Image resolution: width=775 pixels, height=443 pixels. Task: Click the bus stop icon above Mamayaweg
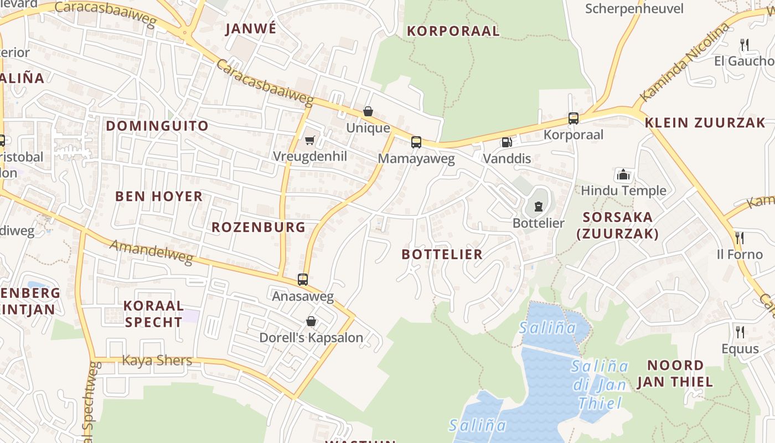(x=416, y=142)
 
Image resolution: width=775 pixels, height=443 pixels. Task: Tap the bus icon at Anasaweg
(x=302, y=280)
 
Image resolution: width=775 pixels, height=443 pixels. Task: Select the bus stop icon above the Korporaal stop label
(x=573, y=118)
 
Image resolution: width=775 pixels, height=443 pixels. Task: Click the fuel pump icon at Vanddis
(x=506, y=142)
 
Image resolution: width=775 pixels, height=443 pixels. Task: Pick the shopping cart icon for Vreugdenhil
(x=310, y=140)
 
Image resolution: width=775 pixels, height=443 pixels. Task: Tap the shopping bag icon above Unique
(x=368, y=112)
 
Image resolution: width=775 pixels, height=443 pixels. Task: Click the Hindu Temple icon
(x=623, y=174)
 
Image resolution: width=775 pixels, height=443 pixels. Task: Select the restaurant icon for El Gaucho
(x=745, y=44)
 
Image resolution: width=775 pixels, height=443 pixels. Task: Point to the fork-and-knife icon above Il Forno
(x=739, y=238)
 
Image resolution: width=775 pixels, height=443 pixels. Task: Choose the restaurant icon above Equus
(x=740, y=332)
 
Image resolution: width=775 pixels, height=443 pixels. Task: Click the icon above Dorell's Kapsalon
(x=311, y=321)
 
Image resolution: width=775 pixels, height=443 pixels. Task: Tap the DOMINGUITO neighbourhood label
(x=157, y=126)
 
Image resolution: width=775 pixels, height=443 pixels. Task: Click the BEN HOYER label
(x=159, y=196)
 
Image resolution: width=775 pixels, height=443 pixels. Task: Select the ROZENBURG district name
(x=259, y=227)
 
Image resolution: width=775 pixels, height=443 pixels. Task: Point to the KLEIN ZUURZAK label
(x=705, y=122)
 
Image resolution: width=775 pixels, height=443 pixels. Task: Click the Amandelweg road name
(x=151, y=253)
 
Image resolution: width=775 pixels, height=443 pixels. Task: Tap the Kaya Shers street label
(x=157, y=360)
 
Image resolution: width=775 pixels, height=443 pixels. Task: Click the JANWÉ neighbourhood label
(x=250, y=29)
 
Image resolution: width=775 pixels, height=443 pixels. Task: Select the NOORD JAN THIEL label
(x=675, y=373)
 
